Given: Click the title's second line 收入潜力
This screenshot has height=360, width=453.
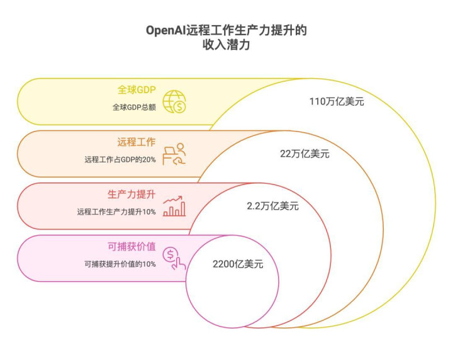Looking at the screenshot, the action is tap(226, 45).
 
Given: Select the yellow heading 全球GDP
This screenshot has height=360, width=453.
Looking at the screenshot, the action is tap(137, 90).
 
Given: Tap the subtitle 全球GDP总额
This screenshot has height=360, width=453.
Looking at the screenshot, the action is tap(135, 107).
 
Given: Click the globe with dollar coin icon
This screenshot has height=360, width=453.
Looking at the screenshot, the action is tap(174, 102).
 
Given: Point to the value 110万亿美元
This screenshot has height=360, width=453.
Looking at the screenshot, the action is tap(337, 101).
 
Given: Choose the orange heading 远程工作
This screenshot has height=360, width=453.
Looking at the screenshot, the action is tap(137, 142).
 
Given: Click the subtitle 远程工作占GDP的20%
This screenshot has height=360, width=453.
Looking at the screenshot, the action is tap(120, 159).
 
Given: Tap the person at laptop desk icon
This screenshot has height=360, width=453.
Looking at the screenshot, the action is tap(174, 154).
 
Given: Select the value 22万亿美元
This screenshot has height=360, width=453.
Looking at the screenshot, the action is tap(305, 154).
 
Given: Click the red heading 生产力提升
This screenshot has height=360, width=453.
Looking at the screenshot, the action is tap(131, 194).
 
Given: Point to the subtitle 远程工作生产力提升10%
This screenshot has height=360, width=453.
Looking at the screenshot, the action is tap(116, 211).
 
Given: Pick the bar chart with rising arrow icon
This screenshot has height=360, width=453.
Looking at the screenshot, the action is tap(174, 206).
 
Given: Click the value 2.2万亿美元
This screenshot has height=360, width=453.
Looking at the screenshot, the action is tap(272, 206).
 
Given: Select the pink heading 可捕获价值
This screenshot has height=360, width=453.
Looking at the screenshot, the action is tap(131, 247).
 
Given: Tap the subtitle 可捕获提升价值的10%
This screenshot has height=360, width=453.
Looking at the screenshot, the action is tap(120, 264).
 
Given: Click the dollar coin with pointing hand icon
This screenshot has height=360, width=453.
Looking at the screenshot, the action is tap(174, 258).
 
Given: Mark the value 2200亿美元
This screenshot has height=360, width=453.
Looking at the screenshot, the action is tap(238, 264).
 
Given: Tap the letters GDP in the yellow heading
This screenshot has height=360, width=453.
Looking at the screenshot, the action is tap(146, 90).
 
